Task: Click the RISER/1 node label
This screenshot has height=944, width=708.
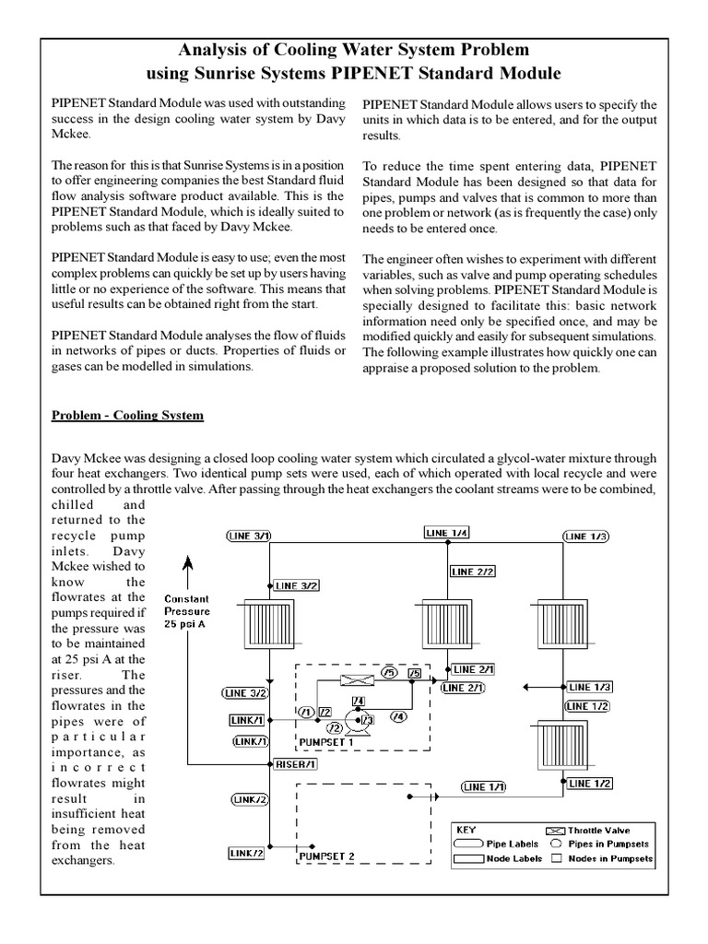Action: click(295, 764)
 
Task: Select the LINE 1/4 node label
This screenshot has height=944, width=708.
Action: click(447, 532)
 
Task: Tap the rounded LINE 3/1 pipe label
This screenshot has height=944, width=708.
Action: click(249, 536)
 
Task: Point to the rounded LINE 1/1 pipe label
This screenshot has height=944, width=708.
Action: click(484, 787)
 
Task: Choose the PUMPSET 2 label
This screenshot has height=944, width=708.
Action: click(326, 856)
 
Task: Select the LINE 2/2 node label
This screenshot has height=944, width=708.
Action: click(474, 572)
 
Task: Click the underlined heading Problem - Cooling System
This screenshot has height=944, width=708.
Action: click(127, 416)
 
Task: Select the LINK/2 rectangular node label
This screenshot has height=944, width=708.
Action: click(246, 854)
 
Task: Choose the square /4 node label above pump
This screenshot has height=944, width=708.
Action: click(358, 702)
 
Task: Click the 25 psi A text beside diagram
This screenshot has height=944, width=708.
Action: click(187, 624)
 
